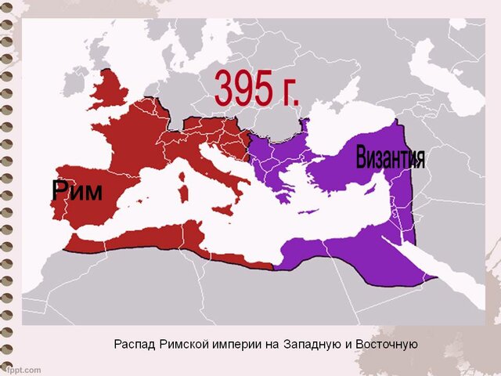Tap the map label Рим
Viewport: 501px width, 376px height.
coord(77,190)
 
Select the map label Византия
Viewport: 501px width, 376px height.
coord(390,157)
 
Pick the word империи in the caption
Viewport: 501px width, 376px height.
coord(252,344)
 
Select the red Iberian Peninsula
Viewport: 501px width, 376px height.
coord(78,208)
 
